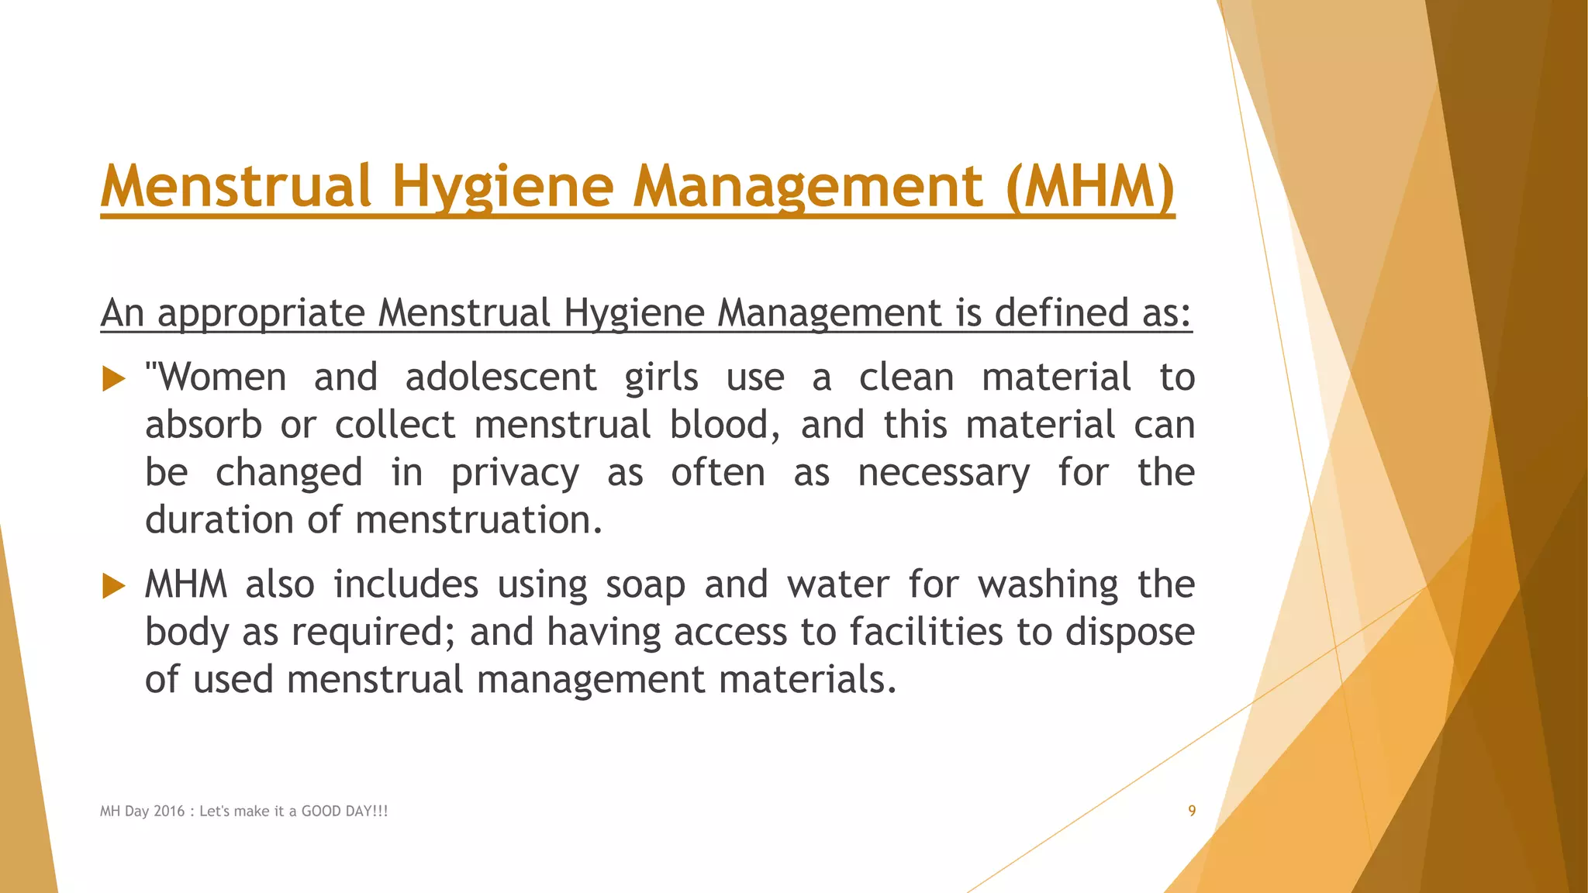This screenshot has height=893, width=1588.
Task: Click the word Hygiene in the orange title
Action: click(x=502, y=187)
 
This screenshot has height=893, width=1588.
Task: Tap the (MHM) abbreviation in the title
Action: click(x=1089, y=187)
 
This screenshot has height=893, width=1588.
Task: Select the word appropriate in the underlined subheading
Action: click(x=261, y=313)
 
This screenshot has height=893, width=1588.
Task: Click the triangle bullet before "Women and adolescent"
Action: click(x=113, y=379)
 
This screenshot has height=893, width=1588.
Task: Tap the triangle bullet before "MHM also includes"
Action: click(x=113, y=586)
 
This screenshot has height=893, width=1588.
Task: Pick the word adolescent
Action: click(x=501, y=378)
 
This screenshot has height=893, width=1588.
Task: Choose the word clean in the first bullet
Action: click(x=906, y=378)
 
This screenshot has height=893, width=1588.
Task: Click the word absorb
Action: click(x=203, y=425)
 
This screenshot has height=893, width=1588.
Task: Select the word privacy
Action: click(x=515, y=473)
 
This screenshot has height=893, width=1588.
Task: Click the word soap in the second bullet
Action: click(x=645, y=584)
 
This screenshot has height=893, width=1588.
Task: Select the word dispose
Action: click(x=1130, y=632)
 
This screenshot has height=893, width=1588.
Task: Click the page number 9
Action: click(x=1192, y=811)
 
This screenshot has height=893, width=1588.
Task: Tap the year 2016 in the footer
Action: click(x=169, y=812)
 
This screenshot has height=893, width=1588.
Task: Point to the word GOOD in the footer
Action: click(x=321, y=812)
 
